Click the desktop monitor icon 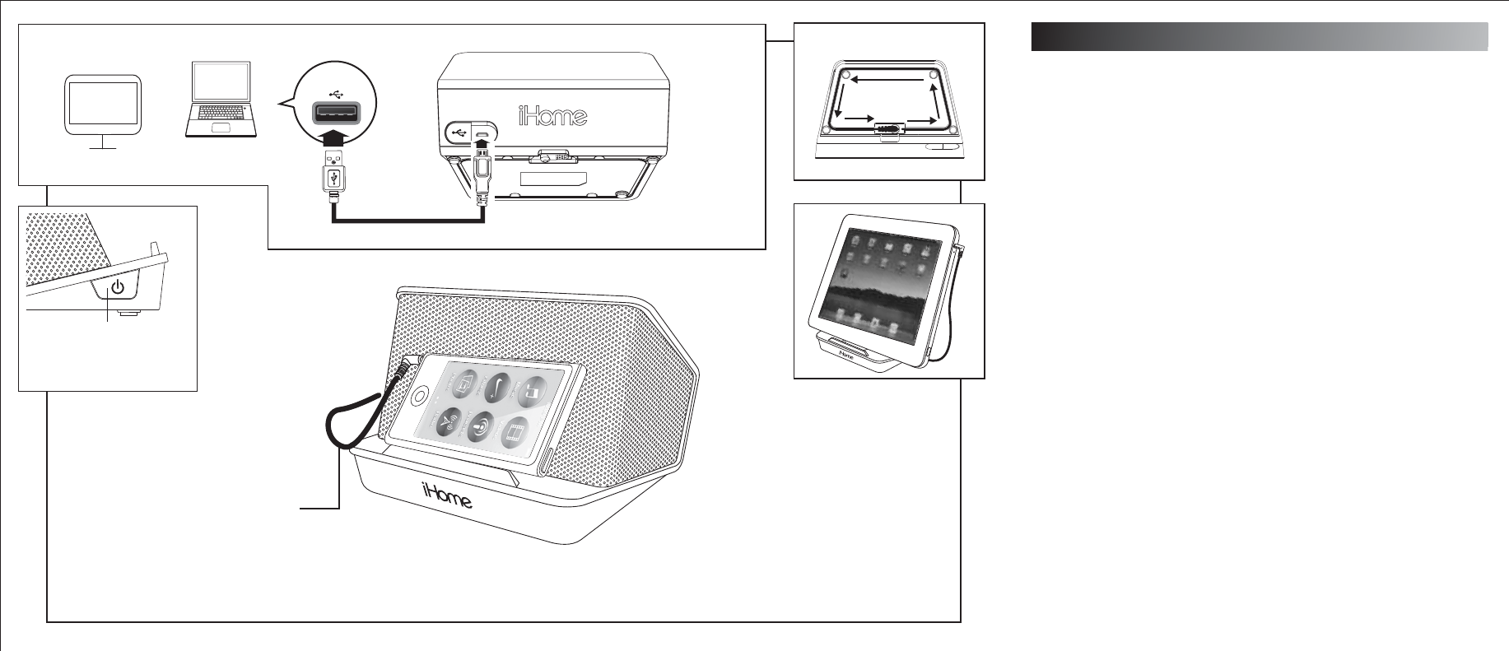coord(102,106)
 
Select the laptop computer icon coord(221,100)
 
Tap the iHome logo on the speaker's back coord(552,115)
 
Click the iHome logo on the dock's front coord(447,496)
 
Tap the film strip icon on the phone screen coord(515,431)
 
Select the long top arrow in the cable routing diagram coord(889,80)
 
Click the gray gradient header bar coord(1259,37)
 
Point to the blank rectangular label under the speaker coord(552,179)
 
